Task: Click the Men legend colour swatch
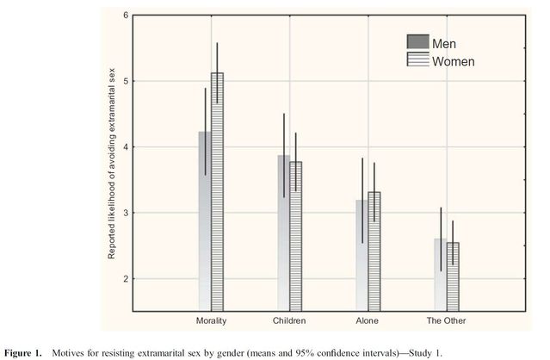pyautogui.click(x=417, y=43)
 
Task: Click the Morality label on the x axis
pyautogui.click(x=211, y=320)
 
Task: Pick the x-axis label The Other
pyautogui.click(x=447, y=320)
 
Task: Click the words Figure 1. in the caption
pyautogui.click(x=25, y=352)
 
